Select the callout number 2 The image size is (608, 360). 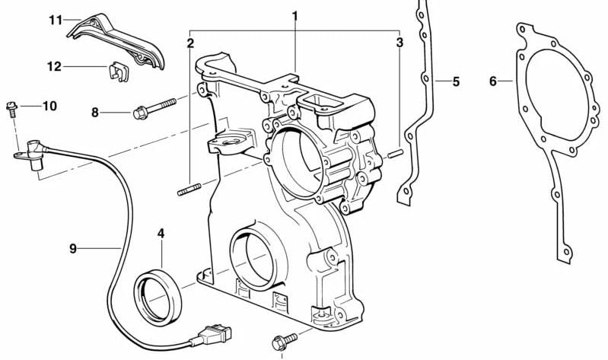tap(189, 43)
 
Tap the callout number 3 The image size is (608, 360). tap(399, 43)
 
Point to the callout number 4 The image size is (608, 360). tap(161, 232)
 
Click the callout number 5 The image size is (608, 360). tap(456, 81)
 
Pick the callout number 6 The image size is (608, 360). tap(493, 81)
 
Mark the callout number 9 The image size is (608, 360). tap(72, 247)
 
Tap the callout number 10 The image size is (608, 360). tap(49, 106)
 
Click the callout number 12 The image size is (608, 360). tap(53, 67)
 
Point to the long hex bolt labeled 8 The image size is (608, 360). tap(156, 107)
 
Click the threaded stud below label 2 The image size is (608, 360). tap(188, 189)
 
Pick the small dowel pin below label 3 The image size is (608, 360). tap(393, 155)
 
